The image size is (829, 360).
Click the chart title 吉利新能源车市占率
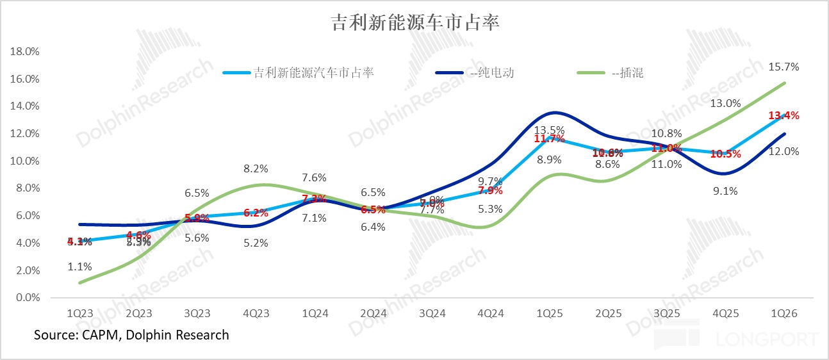(x=414, y=23)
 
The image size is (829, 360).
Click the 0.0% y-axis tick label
(x=27, y=298)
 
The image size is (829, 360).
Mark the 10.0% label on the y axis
(x=25, y=161)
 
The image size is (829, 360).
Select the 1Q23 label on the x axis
(x=80, y=314)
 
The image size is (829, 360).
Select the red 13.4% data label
(x=783, y=115)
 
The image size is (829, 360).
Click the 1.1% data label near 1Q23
(x=80, y=266)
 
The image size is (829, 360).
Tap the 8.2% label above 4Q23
(x=256, y=169)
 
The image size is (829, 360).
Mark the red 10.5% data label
(x=725, y=154)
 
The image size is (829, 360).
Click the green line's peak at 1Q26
(x=785, y=83)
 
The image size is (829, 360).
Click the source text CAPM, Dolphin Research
(x=131, y=335)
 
